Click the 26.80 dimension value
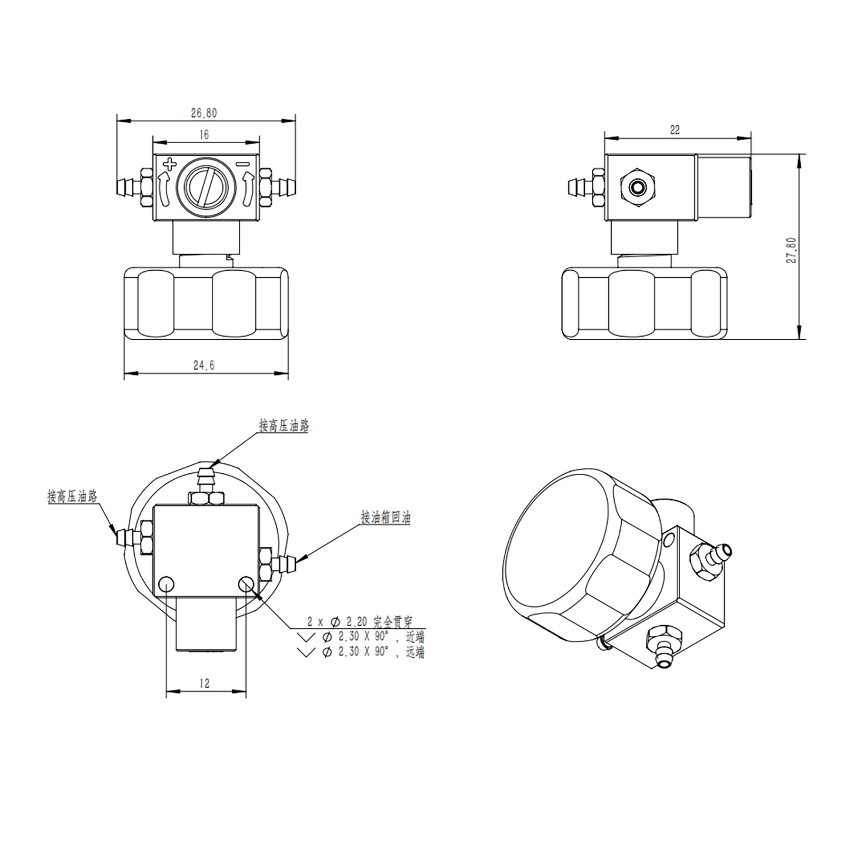tap(204, 113)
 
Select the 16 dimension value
tap(204, 135)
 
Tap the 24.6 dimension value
tap(204, 366)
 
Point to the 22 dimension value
tap(675, 130)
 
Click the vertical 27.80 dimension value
tap(792, 250)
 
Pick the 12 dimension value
tap(205, 683)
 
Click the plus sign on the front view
tap(169, 163)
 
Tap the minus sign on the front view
tap(244, 164)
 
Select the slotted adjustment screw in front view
tap(203, 187)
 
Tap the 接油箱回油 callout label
tap(385, 517)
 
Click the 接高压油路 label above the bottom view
tap(284, 426)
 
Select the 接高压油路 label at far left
tap(72, 496)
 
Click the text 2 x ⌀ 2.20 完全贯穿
tap(359, 622)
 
